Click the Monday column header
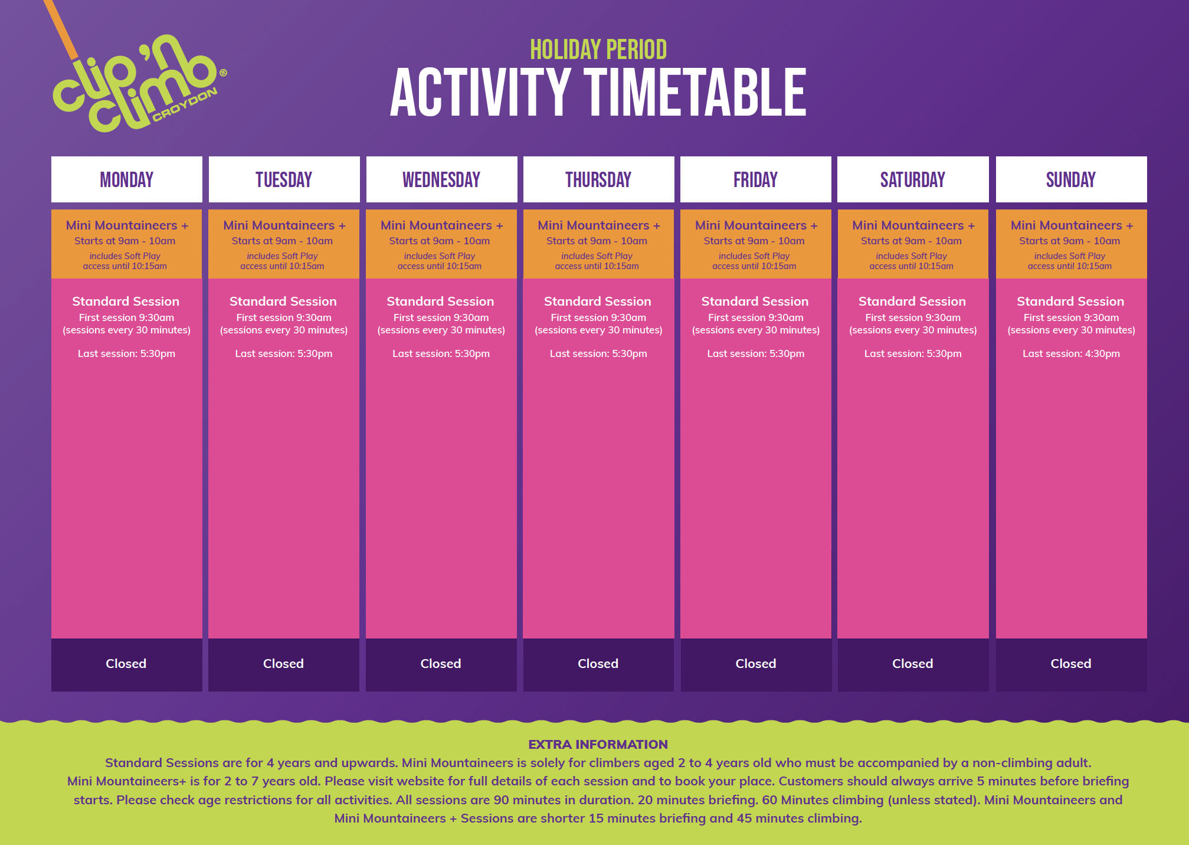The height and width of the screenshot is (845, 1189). (x=126, y=179)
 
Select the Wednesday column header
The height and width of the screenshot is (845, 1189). (x=441, y=179)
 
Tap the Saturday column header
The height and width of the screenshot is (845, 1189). (x=913, y=179)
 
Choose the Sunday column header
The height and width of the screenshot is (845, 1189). (x=1071, y=179)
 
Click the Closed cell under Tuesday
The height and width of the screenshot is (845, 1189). (x=284, y=664)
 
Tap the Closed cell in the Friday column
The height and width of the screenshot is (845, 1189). (x=756, y=664)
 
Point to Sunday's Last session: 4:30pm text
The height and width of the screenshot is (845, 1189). (x=1071, y=353)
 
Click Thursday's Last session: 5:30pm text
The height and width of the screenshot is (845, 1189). (x=598, y=353)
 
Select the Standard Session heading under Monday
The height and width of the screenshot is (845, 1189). (x=126, y=301)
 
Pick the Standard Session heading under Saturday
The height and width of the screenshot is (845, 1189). (x=912, y=301)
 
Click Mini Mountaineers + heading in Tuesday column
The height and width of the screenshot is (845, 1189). (x=284, y=225)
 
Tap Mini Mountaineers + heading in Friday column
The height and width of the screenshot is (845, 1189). (x=756, y=225)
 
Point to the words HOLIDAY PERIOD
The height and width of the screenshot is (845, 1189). (x=598, y=50)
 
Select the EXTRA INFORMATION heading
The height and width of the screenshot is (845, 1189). (x=598, y=744)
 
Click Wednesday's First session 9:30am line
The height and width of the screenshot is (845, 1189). (x=441, y=317)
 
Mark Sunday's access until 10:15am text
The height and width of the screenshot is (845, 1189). (x=1070, y=266)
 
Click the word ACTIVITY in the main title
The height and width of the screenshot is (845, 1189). (x=480, y=92)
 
